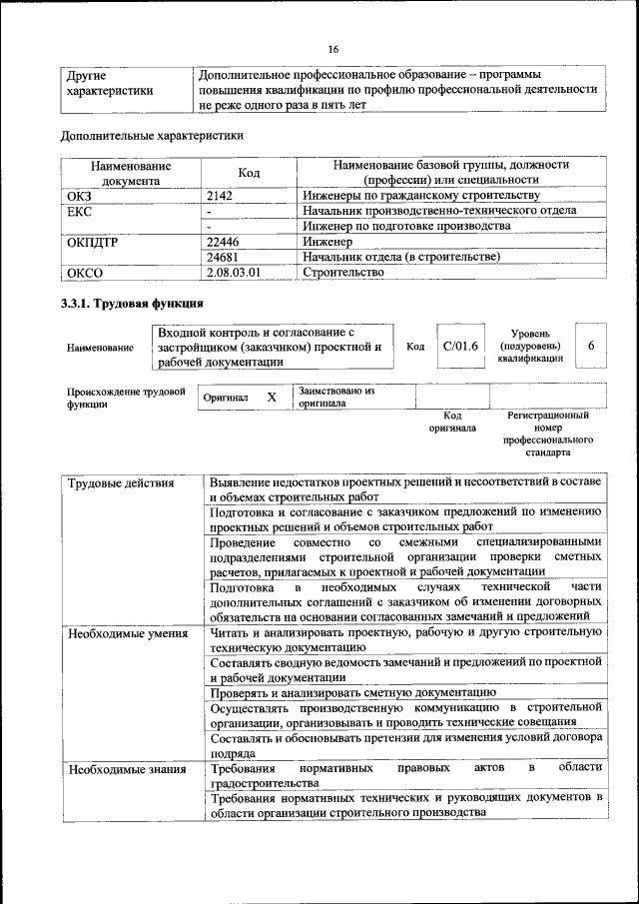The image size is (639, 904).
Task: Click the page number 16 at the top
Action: (333, 50)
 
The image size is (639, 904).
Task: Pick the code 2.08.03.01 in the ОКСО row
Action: (233, 271)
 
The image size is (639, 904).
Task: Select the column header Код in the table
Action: (250, 173)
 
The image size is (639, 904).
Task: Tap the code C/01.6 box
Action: (459, 346)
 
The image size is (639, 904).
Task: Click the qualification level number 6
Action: (592, 346)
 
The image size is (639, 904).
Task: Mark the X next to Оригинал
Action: (272, 398)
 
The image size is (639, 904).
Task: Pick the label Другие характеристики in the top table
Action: (109, 82)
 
